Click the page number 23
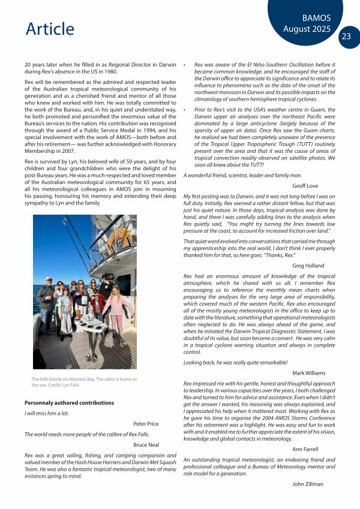coord(346,37)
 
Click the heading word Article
coord(50,28)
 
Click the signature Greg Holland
coord(308,265)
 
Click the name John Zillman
coord(308,483)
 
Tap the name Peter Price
coord(146,423)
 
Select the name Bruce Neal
coord(146,445)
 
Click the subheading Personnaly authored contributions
coord(69,403)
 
